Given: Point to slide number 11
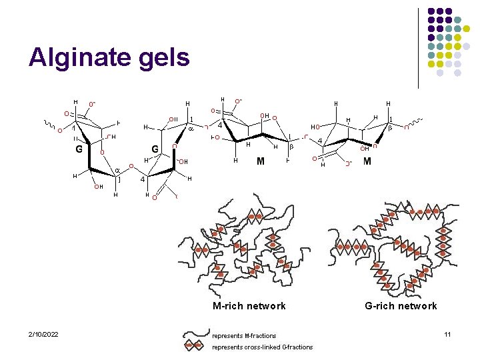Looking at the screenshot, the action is pyautogui.click(x=447, y=333).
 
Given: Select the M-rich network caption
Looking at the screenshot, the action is pyautogui.click(x=249, y=306).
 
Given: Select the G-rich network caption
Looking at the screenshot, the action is pyautogui.click(x=401, y=306).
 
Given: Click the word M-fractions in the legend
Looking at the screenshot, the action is pyautogui.click(x=260, y=335).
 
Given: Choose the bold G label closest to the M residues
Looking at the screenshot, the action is pyautogui.click(x=155, y=149).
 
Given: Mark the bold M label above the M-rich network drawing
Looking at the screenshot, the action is pyautogui.click(x=261, y=161).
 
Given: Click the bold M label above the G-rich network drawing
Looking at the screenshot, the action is pyautogui.click(x=367, y=161).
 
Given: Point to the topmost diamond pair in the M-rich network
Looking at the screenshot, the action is pyautogui.click(x=255, y=216).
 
